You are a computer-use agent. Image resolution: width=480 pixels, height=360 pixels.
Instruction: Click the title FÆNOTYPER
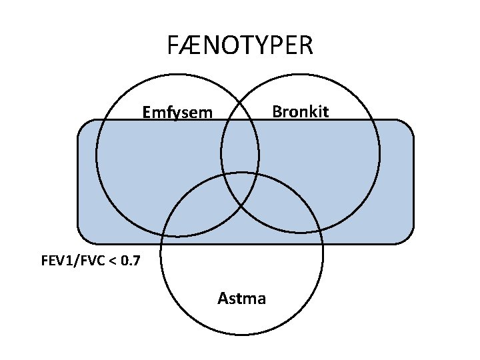pyautogui.click(x=239, y=45)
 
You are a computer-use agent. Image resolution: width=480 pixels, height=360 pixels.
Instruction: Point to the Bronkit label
pyautogui.click(x=300, y=111)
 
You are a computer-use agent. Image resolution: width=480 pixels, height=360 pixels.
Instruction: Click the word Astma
pyautogui.click(x=241, y=298)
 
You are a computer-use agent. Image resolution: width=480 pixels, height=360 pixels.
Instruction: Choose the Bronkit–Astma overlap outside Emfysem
pyautogui.click(x=280, y=207)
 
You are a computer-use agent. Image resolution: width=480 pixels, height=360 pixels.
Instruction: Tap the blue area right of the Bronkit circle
pyautogui.click(x=397, y=180)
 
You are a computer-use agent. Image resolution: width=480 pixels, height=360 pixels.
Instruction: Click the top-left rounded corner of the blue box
pyautogui.click(x=83, y=125)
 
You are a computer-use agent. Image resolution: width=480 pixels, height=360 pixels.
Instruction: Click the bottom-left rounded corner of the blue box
pyautogui.click(x=83, y=238)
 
